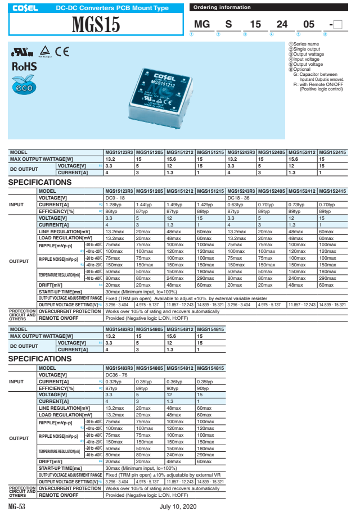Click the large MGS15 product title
coord(96,25)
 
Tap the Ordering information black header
coord(222,7)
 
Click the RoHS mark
coord(24,66)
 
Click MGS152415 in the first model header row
coord(332,152)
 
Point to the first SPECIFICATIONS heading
coord(39,183)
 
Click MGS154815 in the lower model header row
coord(210,329)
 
